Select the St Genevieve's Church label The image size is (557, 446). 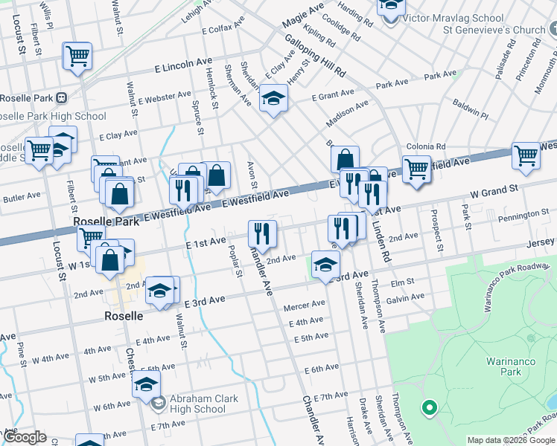tap(494, 30)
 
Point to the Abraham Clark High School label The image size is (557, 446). tap(203, 404)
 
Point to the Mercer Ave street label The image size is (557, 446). tap(305, 305)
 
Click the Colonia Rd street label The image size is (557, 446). tap(425, 146)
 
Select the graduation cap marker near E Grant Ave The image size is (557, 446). tap(273, 97)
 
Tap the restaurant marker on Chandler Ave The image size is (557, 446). tap(261, 233)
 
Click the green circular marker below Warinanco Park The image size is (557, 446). tap(428, 407)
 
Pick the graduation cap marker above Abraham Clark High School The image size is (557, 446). tap(147, 384)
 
